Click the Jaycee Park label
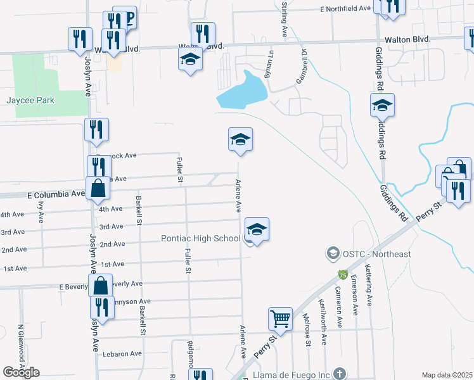point(30,100)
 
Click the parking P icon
point(129,18)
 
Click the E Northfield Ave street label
point(345,9)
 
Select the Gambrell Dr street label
point(302,66)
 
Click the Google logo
point(21,372)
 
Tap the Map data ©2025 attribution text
point(447,375)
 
